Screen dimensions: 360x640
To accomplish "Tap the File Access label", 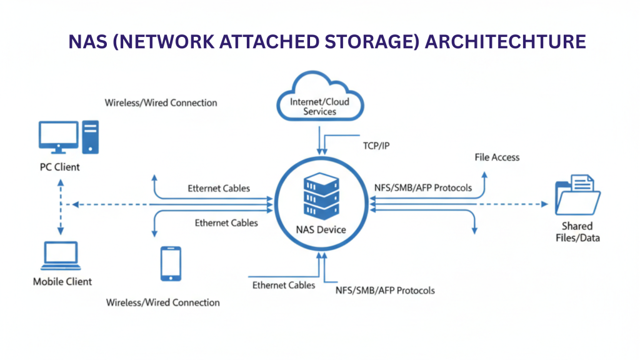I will click(497, 157).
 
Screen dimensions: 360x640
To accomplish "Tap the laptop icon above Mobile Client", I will click(61, 257).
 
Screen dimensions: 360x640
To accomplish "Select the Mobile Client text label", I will click(62, 282).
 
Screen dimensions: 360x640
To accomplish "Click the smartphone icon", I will click(171, 263).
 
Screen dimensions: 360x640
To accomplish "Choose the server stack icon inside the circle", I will click(321, 195).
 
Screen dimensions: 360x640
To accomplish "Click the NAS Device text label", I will click(321, 229).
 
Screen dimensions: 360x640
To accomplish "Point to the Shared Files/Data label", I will click(576, 231).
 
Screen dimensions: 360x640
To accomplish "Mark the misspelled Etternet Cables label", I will click(219, 188).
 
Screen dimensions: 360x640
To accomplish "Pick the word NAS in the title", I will click(85, 42).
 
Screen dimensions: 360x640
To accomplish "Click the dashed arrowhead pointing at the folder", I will click(543, 204).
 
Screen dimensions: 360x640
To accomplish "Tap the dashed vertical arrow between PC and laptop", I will click(61, 206).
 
